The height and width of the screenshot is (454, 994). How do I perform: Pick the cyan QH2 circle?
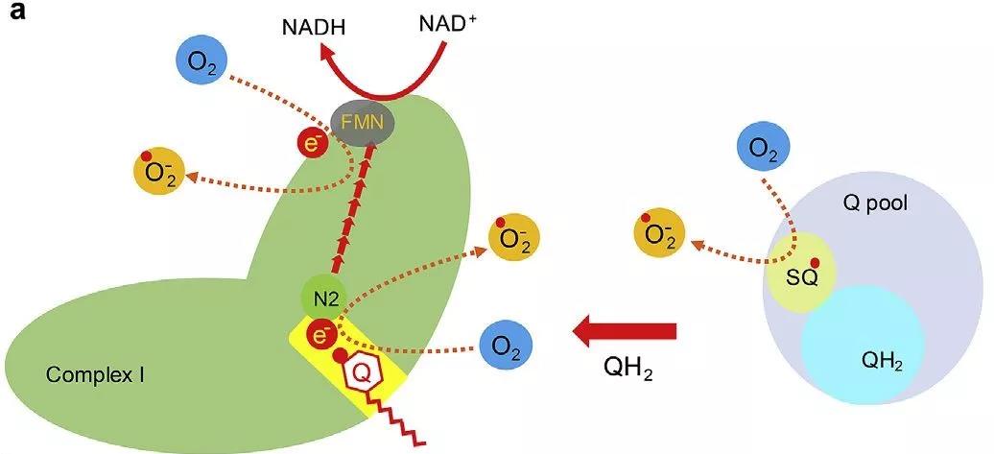[x=862, y=345]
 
